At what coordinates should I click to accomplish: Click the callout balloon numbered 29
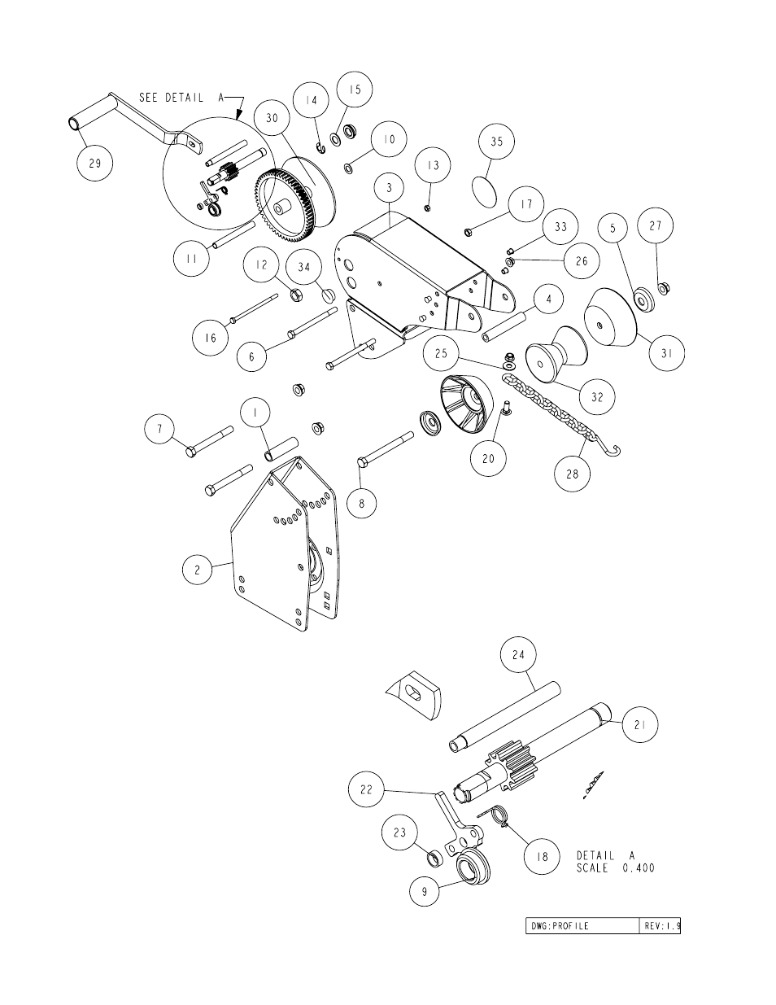tap(95, 163)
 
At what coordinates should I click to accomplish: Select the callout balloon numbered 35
tap(497, 142)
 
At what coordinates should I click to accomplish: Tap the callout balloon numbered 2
tap(197, 570)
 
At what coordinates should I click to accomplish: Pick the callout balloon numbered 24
tap(518, 653)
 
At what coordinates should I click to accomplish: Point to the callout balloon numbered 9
tap(423, 890)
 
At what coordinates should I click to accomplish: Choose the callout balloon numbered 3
tap(390, 188)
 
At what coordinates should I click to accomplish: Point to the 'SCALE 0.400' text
tap(616, 868)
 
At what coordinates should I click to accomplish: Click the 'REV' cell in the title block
tap(660, 926)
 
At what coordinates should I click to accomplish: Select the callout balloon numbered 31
tap(666, 353)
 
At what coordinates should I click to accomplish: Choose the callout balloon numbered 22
tap(367, 789)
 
